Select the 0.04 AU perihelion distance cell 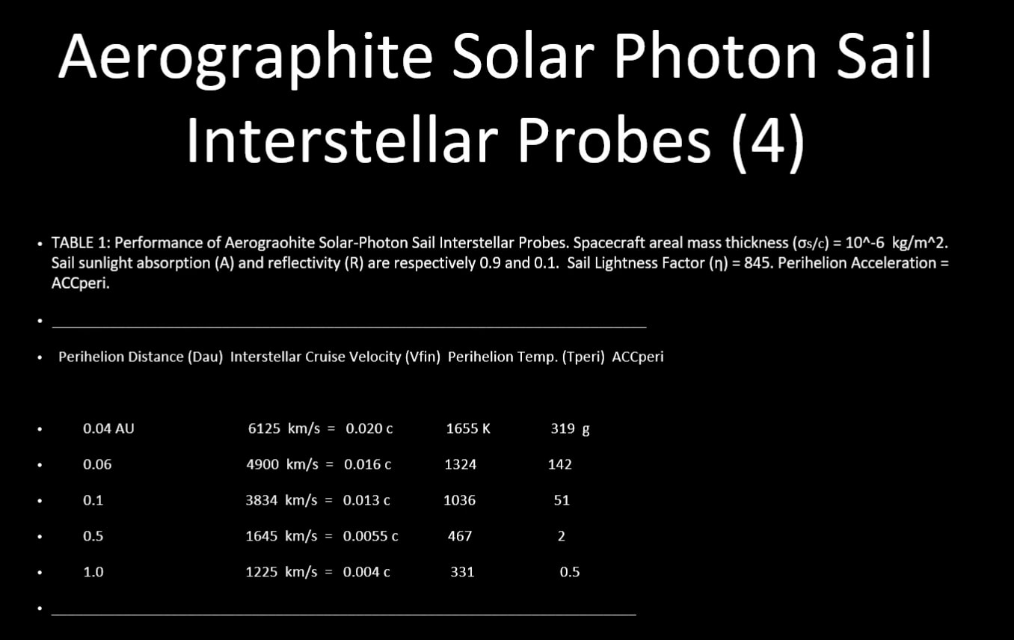108,428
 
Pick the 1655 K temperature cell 467,428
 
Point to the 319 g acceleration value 570,428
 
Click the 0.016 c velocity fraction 367,464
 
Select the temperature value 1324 460,464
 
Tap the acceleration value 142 559,464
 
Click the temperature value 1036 459,500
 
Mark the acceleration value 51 562,500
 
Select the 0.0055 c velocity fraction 370,536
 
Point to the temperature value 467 459,536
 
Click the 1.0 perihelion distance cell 93,572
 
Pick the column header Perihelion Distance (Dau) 141,357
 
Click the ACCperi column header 637,357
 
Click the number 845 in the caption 758,262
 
